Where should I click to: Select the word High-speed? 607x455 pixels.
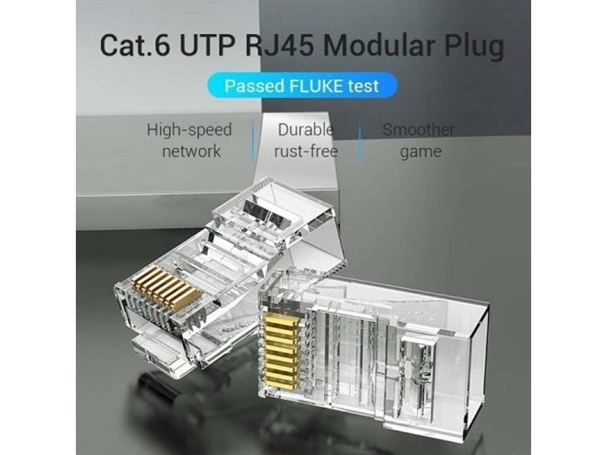(189, 130)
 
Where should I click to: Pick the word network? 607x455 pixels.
(189, 151)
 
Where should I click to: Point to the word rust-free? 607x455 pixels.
(306, 151)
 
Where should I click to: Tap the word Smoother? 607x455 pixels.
(418, 130)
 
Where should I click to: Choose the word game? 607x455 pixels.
(420, 152)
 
